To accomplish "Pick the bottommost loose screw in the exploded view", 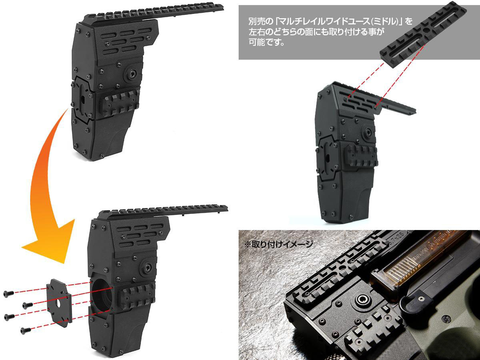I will tap(25, 330).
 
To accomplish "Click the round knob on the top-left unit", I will tap(132, 73).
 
